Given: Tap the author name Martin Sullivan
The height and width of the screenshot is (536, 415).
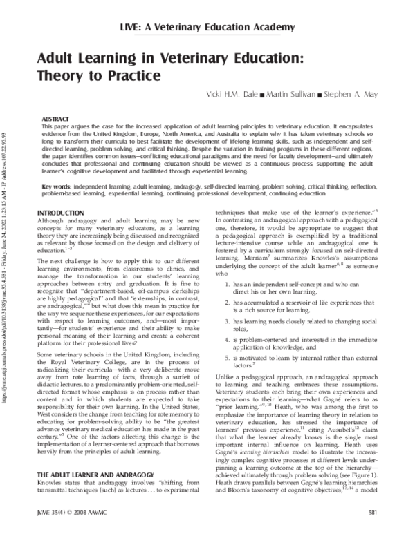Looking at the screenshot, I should coord(293,93).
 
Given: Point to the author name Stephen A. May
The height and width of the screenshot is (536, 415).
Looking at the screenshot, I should coord(349,93).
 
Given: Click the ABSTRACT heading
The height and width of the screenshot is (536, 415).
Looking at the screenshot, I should coord(55,119).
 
